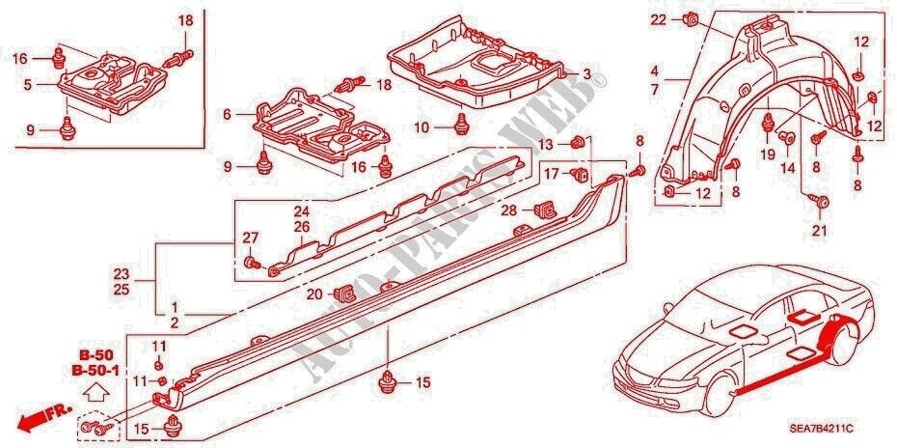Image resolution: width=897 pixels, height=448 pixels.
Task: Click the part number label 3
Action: [586, 74]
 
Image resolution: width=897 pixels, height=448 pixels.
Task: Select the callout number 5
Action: [28, 84]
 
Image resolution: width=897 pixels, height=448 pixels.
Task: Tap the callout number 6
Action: [227, 114]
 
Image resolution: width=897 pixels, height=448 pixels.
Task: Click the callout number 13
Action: [545, 144]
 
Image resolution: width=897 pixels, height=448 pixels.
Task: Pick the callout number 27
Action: [249, 238]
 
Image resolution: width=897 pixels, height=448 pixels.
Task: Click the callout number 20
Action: [314, 294]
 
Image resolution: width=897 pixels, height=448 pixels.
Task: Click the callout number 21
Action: [820, 230]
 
